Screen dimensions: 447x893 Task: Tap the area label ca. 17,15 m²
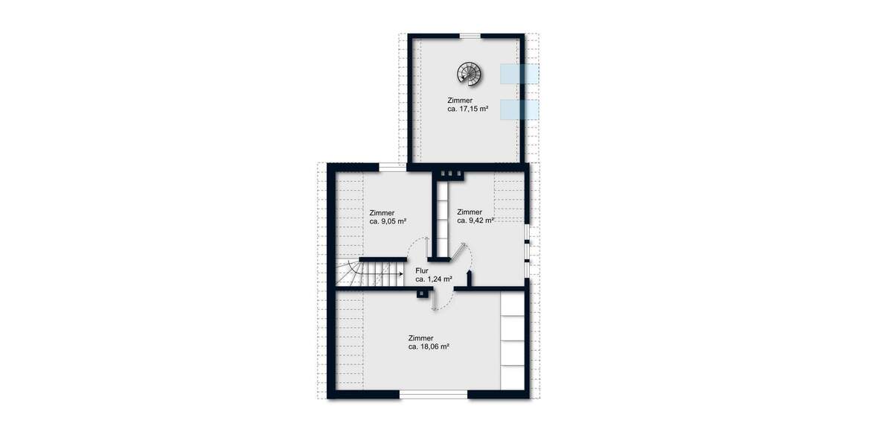click(467, 109)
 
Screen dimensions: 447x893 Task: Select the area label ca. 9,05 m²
click(388, 221)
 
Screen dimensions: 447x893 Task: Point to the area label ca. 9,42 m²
click(475, 221)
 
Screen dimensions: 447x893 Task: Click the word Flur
click(423, 270)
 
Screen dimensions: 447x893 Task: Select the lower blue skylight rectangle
click(519, 109)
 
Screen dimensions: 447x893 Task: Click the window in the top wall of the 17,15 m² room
click(469, 35)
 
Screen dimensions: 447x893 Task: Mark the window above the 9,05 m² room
click(387, 166)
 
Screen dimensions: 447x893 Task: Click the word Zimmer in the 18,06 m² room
click(420, 337)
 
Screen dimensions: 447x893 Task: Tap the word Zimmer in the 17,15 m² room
click(459, 100)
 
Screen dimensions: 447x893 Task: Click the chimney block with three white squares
click(451, 173)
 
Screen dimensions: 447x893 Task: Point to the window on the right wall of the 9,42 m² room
click(527, 243)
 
